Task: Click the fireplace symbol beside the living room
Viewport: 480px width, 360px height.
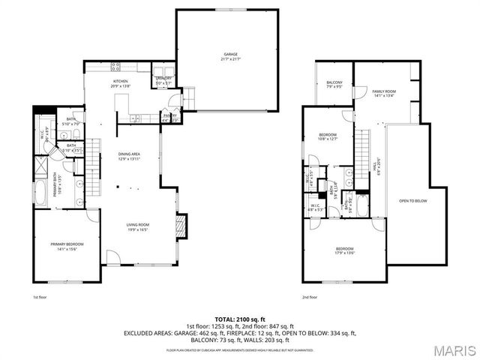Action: click(x=180, y=226)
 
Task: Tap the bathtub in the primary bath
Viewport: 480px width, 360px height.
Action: click(x=40, y=194)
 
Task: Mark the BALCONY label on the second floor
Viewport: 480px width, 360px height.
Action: click(x=334, y=84)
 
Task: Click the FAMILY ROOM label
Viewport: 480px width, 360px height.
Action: click(x=384, y=93)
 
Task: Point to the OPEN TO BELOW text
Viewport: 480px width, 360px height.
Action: click(x=414, y=202)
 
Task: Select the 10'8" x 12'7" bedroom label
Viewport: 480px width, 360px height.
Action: click(x=328, y=136)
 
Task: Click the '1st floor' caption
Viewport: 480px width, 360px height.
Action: click(x=40, y=298)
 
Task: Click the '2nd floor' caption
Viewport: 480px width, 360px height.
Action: click(x=310, y=298)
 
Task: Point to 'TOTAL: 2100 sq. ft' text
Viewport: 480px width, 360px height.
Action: click(x=240, y=319)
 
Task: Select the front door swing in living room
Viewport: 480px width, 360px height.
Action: click(x=112, y=258)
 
